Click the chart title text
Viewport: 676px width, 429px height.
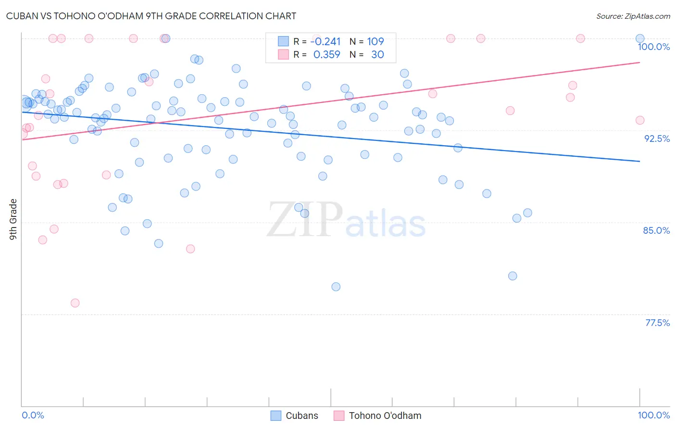pyautogui.click(x=151, y=16)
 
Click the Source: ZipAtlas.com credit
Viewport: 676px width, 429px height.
pyautogui.click(x=633, y=16)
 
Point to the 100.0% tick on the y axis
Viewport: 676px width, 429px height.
pyautogui.click(x=653, y=47)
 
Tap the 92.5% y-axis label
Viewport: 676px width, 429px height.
pyautogui.click(x=657, y=139)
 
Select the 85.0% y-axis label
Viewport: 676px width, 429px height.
pyautogui.click(x=656, y=230)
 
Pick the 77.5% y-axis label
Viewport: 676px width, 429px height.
pyautogui.click(x=657, y=323)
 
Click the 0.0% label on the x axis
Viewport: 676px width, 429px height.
pyautogui.click(x=33, y=415)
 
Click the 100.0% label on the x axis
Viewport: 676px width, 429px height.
pyautogui.click(x=653, y=415)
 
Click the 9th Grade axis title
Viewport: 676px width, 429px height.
pyautogui.click(x=13, y=219)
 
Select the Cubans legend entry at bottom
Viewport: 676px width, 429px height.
pyautogui.click(x=294, y=416)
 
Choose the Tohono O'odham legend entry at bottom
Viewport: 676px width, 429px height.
pyautogui.click(x=377, y=416)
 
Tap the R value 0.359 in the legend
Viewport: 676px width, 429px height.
pyautogui.click(x=326, y=55)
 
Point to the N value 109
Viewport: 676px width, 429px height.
pyautogui.click(x=376, y=42)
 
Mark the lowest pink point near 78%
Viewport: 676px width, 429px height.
pyautogui.click(x=75, y=303)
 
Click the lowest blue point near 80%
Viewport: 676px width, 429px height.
pyautogui.click(x=336, y=287)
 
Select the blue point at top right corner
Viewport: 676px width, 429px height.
pyautogui.click(x=640, y=38)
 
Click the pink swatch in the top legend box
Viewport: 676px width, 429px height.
pyautogui.click(x=283, y=54)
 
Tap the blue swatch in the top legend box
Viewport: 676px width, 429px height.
pyautogui.click(x=283, y=41)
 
